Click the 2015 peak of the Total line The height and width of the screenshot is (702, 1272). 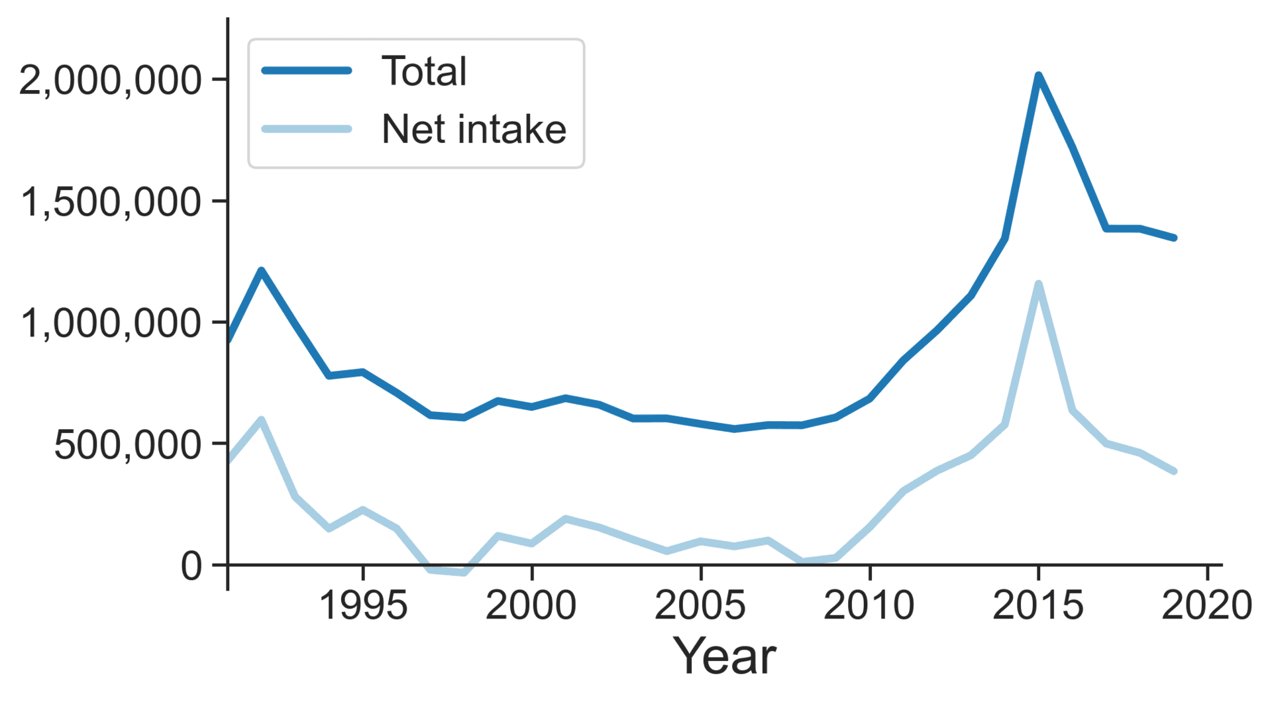pyautogui.click(x=1038, y=75)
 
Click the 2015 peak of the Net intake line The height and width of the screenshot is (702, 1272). pyautogui.click(x=1038, y=284)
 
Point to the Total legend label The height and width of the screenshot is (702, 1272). pyautogui.click(x=424, y=72)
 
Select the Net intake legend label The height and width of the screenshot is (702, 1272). pyautogui.click(x=474, y=129)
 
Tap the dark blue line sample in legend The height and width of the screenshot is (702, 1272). pyautogui.click(x=307, y=71)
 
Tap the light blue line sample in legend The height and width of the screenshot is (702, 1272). pyautogui.click(x=307, y=128)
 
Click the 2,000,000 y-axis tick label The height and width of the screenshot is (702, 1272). pyautogui.click(x=110, y=81)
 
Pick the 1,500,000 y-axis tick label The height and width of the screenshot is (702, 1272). pyautogui.click(x=110, y=202)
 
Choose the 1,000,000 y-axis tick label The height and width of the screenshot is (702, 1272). pyautogui.click(x=110, y=324)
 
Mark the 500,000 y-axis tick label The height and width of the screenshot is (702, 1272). pyautogui.click(x=127, y=445)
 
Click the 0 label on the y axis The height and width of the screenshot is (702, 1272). pyautogui.click(x=191, y=566)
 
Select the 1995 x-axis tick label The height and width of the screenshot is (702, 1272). pyautogui.click(x=363, y=605)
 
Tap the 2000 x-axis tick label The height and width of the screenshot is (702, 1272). pyautogui.click(x=531, y=605)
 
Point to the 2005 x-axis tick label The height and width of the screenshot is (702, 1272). pyautogui.click(x=700, y=605)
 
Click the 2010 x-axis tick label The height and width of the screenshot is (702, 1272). pyautogui.click(x=869, y=605)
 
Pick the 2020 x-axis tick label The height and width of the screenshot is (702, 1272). pyautogui.click(x=1206, y=605)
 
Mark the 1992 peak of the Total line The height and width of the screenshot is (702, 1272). pyautogui.click(x=262, y=270)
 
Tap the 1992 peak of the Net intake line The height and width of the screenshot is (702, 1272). pyautogui.click(x=262, y=420)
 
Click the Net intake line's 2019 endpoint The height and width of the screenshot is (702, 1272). pyautogui.click(x=1173, y=471)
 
